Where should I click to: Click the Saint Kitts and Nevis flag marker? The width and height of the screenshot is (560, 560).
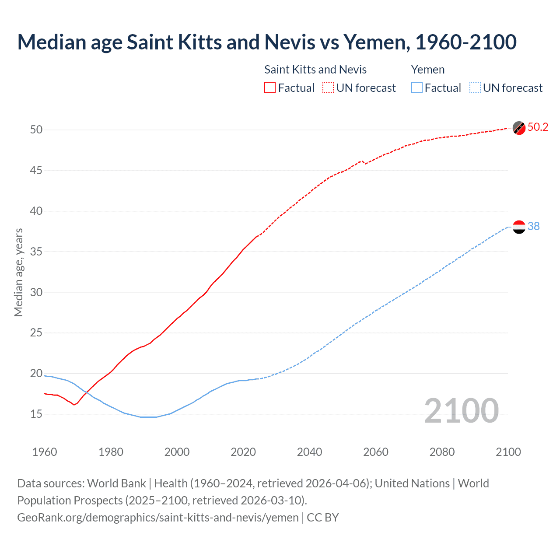[x=519, y=128]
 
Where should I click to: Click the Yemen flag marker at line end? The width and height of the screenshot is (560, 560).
[x=519, y=227]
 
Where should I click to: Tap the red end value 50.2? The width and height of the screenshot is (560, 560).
[x=538, y=127]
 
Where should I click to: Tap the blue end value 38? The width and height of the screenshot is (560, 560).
[x=533, y=226]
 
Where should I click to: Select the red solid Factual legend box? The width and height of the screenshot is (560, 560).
[x=270, y=88]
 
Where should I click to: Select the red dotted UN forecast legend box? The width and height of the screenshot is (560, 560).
[x=328, y=88]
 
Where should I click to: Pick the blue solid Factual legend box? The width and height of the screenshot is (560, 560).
[x=417, y=88]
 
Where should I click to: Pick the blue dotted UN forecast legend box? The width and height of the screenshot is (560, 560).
[x=475, y=88]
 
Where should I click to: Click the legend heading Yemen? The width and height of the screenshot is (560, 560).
[x=428, y=70]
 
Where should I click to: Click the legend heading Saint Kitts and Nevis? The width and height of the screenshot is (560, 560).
[x=315, y=70]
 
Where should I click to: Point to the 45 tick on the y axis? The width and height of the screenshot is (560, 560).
[x=36, y=170]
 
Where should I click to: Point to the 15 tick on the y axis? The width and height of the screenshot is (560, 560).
[x=36, y=414]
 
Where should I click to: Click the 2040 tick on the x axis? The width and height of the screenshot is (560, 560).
[x=309, y=452]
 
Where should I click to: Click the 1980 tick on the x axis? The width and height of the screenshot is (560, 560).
[x=111, y=452]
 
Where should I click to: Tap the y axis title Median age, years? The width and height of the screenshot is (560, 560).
[x=18, y=272]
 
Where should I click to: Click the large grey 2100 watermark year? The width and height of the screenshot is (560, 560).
[x=461, y=410]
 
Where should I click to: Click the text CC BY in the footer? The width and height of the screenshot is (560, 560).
[x=322, y=518]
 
